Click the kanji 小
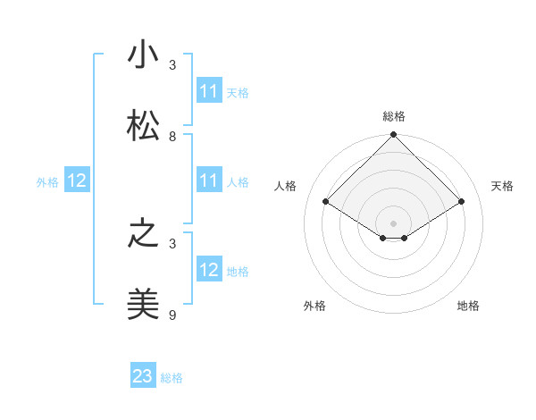(143, 55)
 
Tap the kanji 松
(143, 127)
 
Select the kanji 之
(143, 235)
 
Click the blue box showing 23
(143, 376)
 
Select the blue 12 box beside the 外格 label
(77, 181)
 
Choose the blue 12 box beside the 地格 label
(209, 271)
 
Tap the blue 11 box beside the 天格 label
(209, 91)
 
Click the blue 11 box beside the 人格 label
(209, 181)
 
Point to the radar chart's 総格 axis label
(394, 116)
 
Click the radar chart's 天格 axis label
(502, 186)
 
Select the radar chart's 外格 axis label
(314, 306)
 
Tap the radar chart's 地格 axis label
(468, 306)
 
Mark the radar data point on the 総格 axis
(394, 135)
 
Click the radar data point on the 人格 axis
(326, 202)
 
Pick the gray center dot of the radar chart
(394, 223)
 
